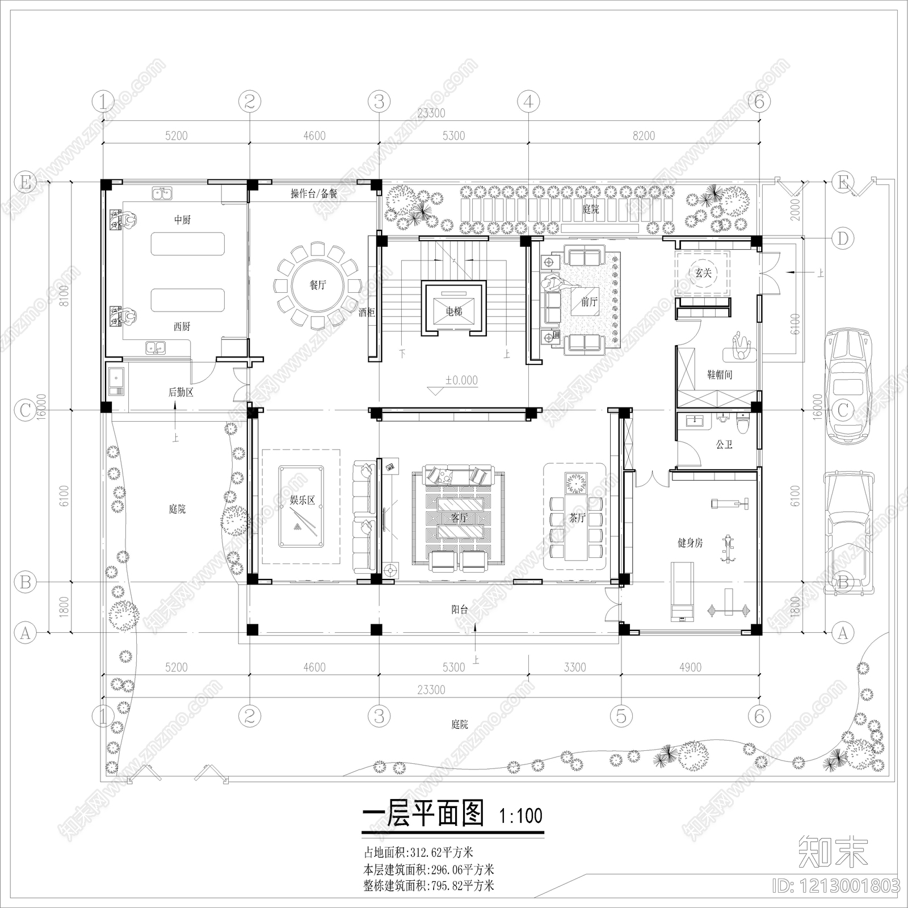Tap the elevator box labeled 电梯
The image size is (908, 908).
click(453, 310)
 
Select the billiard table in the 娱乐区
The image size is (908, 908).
click(301, 506)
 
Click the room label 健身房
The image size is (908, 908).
click(690, 543)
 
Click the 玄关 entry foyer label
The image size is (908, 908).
click(703, 273)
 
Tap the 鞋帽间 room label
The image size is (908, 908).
click(719, 375)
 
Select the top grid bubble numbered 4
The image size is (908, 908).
click(528, 102)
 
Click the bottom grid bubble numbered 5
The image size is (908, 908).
click(621, 716)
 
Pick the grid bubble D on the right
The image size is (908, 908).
click(843, 238)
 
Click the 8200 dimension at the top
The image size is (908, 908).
click(644, 136)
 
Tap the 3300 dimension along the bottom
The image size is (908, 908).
click(574, 667)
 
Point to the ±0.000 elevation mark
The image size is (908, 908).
click(461, 380)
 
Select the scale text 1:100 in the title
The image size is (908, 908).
click(520, 817)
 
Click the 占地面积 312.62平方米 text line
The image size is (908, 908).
click(418, 852)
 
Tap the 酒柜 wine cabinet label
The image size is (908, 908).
click(367, 312)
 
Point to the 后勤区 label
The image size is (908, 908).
click(180, 392)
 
